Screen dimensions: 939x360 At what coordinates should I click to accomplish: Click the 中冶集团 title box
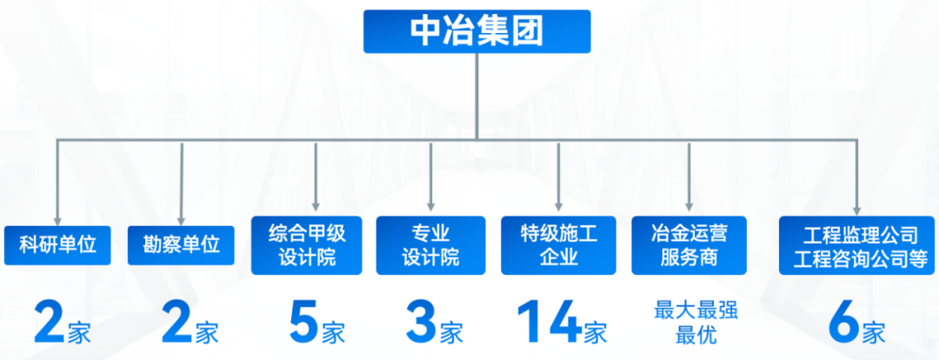pos(477,31)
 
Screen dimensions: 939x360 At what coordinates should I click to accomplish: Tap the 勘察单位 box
pos(181,244)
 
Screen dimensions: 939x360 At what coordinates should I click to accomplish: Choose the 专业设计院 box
pos(430,244)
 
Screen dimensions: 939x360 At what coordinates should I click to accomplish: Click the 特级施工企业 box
pos(558,244)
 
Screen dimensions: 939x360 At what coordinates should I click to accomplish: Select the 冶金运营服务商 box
pos(688,244)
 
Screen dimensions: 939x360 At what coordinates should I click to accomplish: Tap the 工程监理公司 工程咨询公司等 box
pos(856,246)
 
